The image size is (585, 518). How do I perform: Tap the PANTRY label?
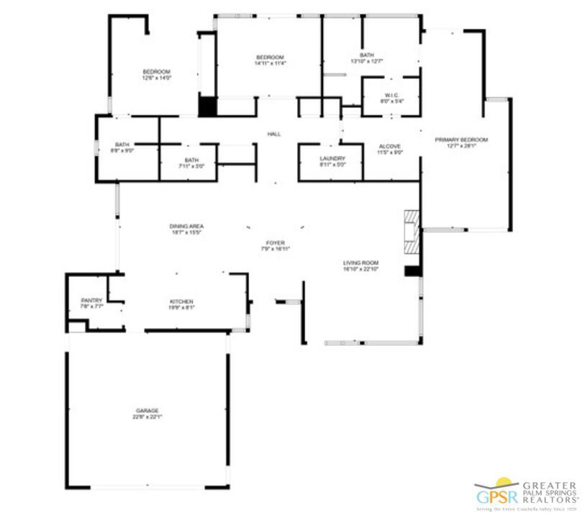(91, 300)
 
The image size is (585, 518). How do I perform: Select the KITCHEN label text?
(181, 301)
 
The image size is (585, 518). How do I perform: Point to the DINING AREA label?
(186, 226)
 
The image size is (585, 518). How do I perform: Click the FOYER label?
(275, 243)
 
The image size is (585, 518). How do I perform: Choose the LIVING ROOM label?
(360, 263)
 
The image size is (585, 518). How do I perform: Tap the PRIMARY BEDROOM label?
(461, 140)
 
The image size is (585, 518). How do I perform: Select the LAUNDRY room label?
(332, 158)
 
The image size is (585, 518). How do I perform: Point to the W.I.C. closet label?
(391, 95)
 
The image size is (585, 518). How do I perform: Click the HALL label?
(274, 134)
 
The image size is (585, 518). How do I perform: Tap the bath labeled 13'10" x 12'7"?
(367, 58)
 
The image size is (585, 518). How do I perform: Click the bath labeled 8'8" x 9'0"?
(122, 147)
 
